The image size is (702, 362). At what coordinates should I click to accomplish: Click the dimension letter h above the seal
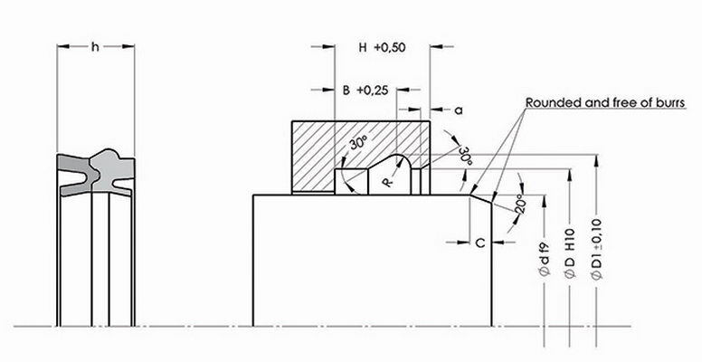coord(96,45)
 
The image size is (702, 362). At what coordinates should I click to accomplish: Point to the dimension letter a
coord(458,110)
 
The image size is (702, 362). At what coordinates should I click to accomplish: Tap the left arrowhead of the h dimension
coord(62,45)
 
